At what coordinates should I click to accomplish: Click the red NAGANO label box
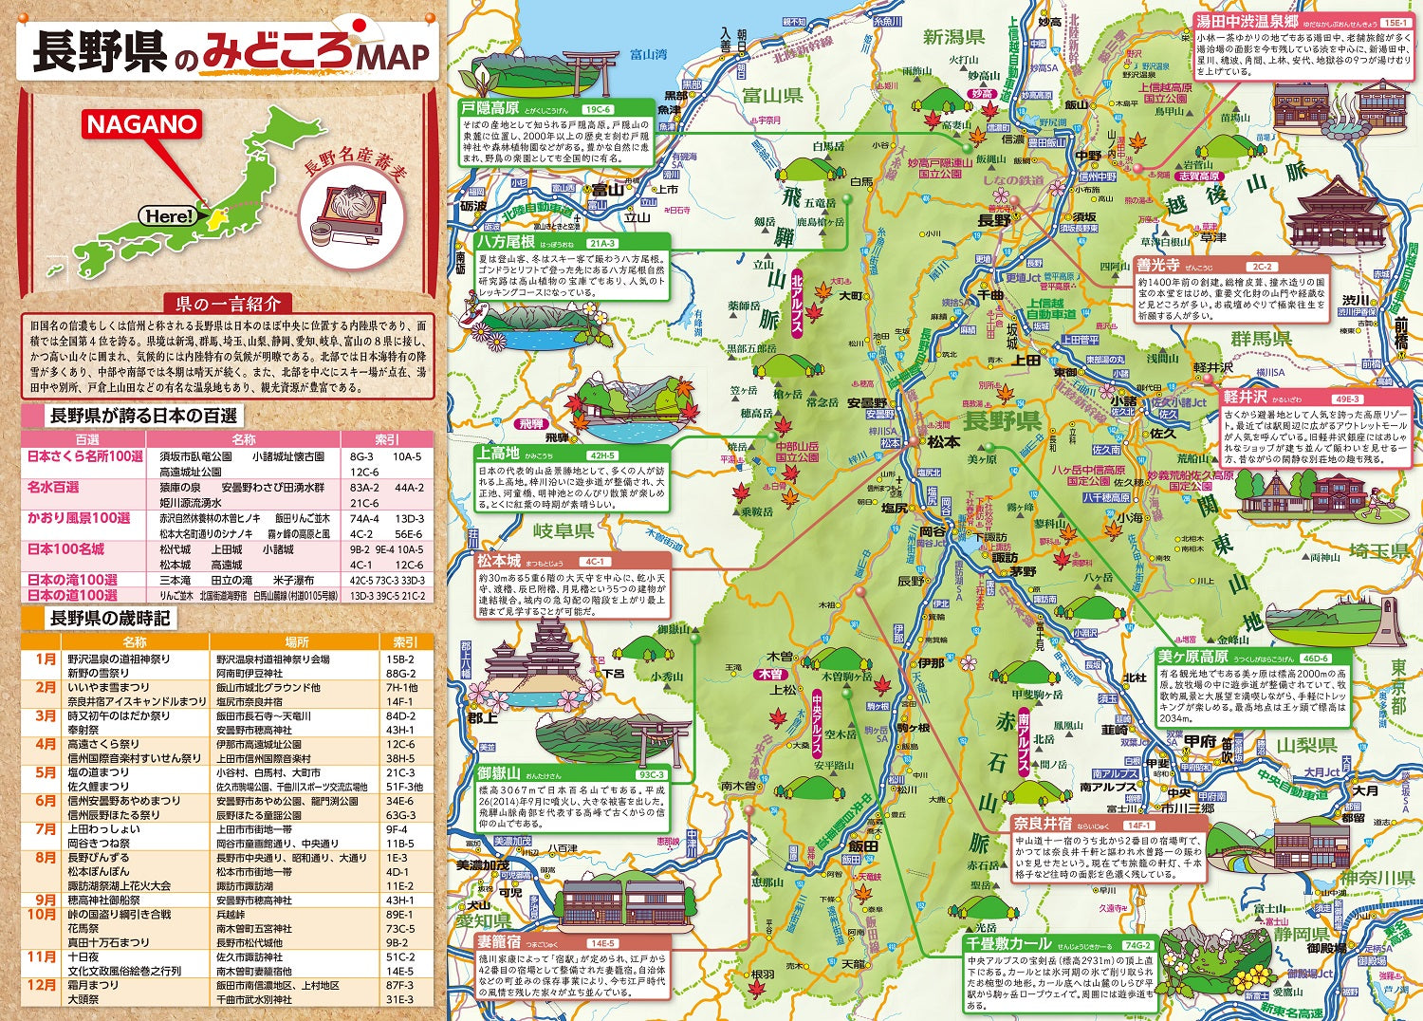tap(143, 124)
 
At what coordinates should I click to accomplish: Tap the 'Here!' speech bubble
tap(169, 216)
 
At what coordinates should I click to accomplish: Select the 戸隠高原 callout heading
tap(490, 108)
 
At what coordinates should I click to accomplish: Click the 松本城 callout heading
tap(499, 561)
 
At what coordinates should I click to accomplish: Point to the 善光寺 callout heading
tap(1158, 266)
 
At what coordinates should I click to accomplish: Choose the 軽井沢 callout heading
tap(1246, 398)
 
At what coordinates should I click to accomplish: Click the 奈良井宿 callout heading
tap(1042, 824)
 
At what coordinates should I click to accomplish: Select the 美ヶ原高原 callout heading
tap(1192, 657)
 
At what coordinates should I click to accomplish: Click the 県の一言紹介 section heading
tap(228, 304)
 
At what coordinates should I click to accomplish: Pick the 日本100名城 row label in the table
tap(65, 549)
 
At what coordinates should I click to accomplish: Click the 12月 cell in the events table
tap(43, 984)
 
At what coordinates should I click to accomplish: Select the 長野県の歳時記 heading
tap(109, 619)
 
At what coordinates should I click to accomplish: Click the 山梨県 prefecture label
tap(1306, 745)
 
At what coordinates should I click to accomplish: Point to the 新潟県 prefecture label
tap(953, 37)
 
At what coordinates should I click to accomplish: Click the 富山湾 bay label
tap(649, 54)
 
